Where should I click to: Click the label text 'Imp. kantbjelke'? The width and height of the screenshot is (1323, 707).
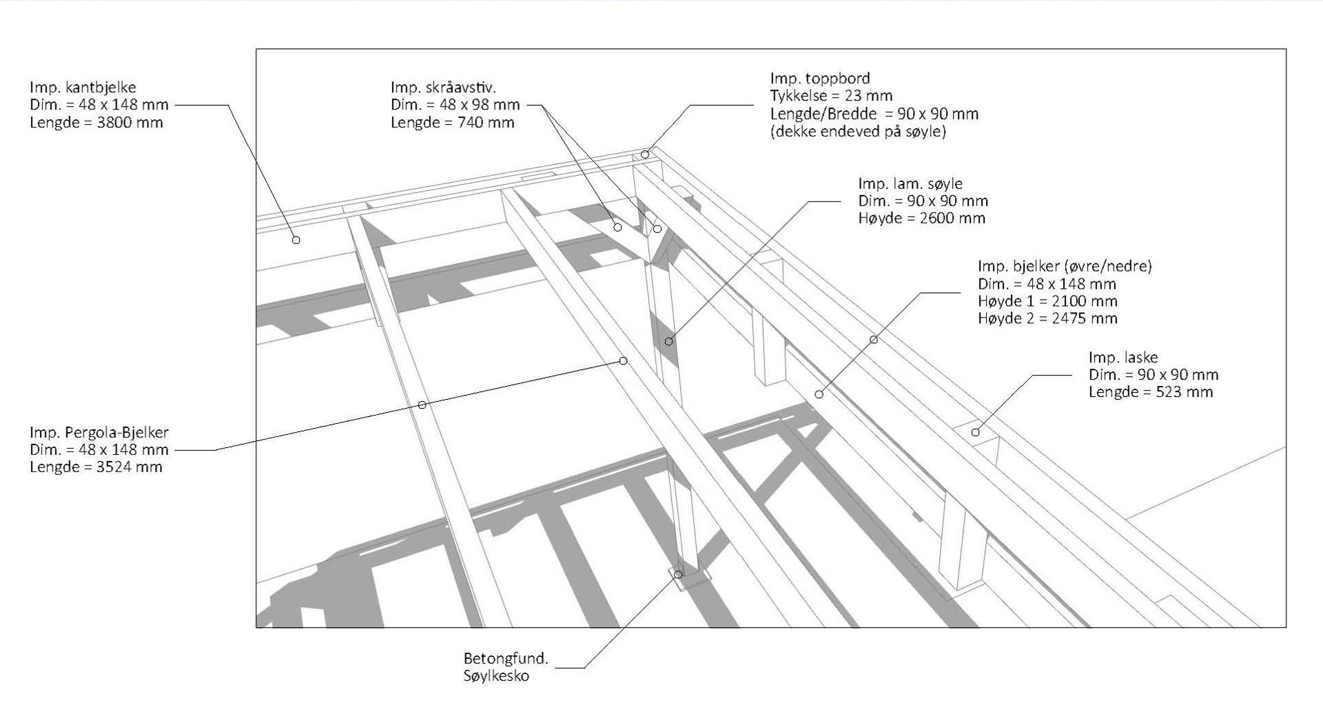coord(83,88)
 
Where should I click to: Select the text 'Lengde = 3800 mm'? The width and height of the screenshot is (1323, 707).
coord(96,123)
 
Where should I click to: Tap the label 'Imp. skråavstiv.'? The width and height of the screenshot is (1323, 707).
coord(443,88)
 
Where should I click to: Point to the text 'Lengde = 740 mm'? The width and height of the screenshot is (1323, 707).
coord(452,123)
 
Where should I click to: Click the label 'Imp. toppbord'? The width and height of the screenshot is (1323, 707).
coord(820,79)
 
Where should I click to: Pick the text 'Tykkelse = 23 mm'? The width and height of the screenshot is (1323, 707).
coord(831,96)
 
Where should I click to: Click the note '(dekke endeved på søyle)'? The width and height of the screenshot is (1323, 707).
coord(858,132)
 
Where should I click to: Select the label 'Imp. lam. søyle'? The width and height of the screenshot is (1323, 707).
coord(910,184)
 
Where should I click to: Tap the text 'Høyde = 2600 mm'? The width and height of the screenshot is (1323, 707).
coord(922,218)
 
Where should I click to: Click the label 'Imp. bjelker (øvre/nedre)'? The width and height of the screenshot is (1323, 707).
coord(1065,266)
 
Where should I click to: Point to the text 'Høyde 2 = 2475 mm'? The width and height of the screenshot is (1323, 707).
coord(1047,318)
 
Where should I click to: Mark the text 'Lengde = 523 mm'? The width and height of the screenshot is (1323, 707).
coord(1151,392)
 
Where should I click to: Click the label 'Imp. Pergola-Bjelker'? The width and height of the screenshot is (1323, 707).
coord(99,433)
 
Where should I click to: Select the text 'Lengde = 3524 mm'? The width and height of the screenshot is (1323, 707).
coord(96,467)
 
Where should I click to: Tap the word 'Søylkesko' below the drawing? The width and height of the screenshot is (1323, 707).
coord(496,676)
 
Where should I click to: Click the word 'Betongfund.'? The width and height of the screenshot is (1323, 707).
coord(506,658)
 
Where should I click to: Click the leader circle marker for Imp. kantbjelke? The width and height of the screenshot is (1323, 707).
coord(296,240)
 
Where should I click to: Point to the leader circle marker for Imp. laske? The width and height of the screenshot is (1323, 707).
coord(976,432)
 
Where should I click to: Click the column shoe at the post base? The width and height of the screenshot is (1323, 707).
coord(689,579)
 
